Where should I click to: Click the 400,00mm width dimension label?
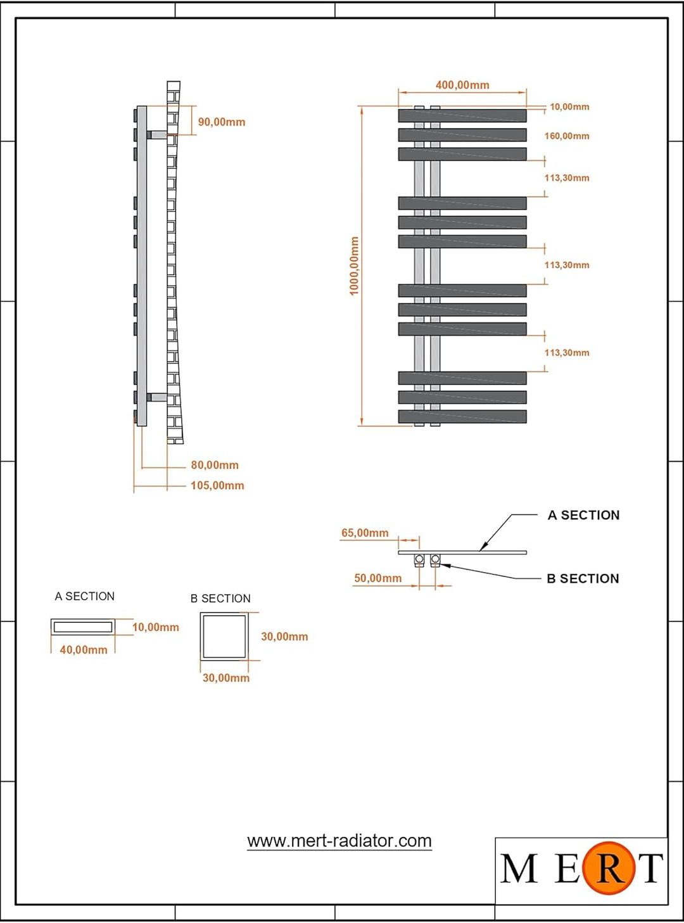pyautogui.click(x=462, y=85)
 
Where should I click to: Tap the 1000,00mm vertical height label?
pyautogui.click(x=354, y=266)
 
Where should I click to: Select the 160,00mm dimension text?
pyautogui.click(x=567, y=136)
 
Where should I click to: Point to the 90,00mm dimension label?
pyautogui.click(x=221, y=122)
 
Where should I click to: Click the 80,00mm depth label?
pyautogui.click(x=215, y=465)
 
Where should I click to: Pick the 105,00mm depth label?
pyautogui.click(x=217, y=485)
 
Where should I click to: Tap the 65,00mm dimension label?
pyautogui.click(x=365, y=533)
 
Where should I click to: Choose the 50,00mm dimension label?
pyautogui.click(x=377, y=578)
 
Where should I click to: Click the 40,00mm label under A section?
pyautogui.click(x=83, y=649)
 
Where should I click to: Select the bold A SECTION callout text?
pyautogui.click(x=583, y=515)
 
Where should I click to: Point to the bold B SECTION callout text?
pyautogui.click(x=583, y=578)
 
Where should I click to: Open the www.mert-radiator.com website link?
pyautogui.click(x=339, y=841)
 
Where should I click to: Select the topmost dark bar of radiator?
pyautogui.click(x=462, y=116)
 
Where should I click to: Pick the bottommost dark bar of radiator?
pyautogui.click(x=462, y=417)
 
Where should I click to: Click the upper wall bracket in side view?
pyautogui.click(x=157, y=135)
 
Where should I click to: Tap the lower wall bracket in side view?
pyautogui.click(x=157, y=397)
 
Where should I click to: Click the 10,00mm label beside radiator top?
pyautogui.click(x=569, y=107)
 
